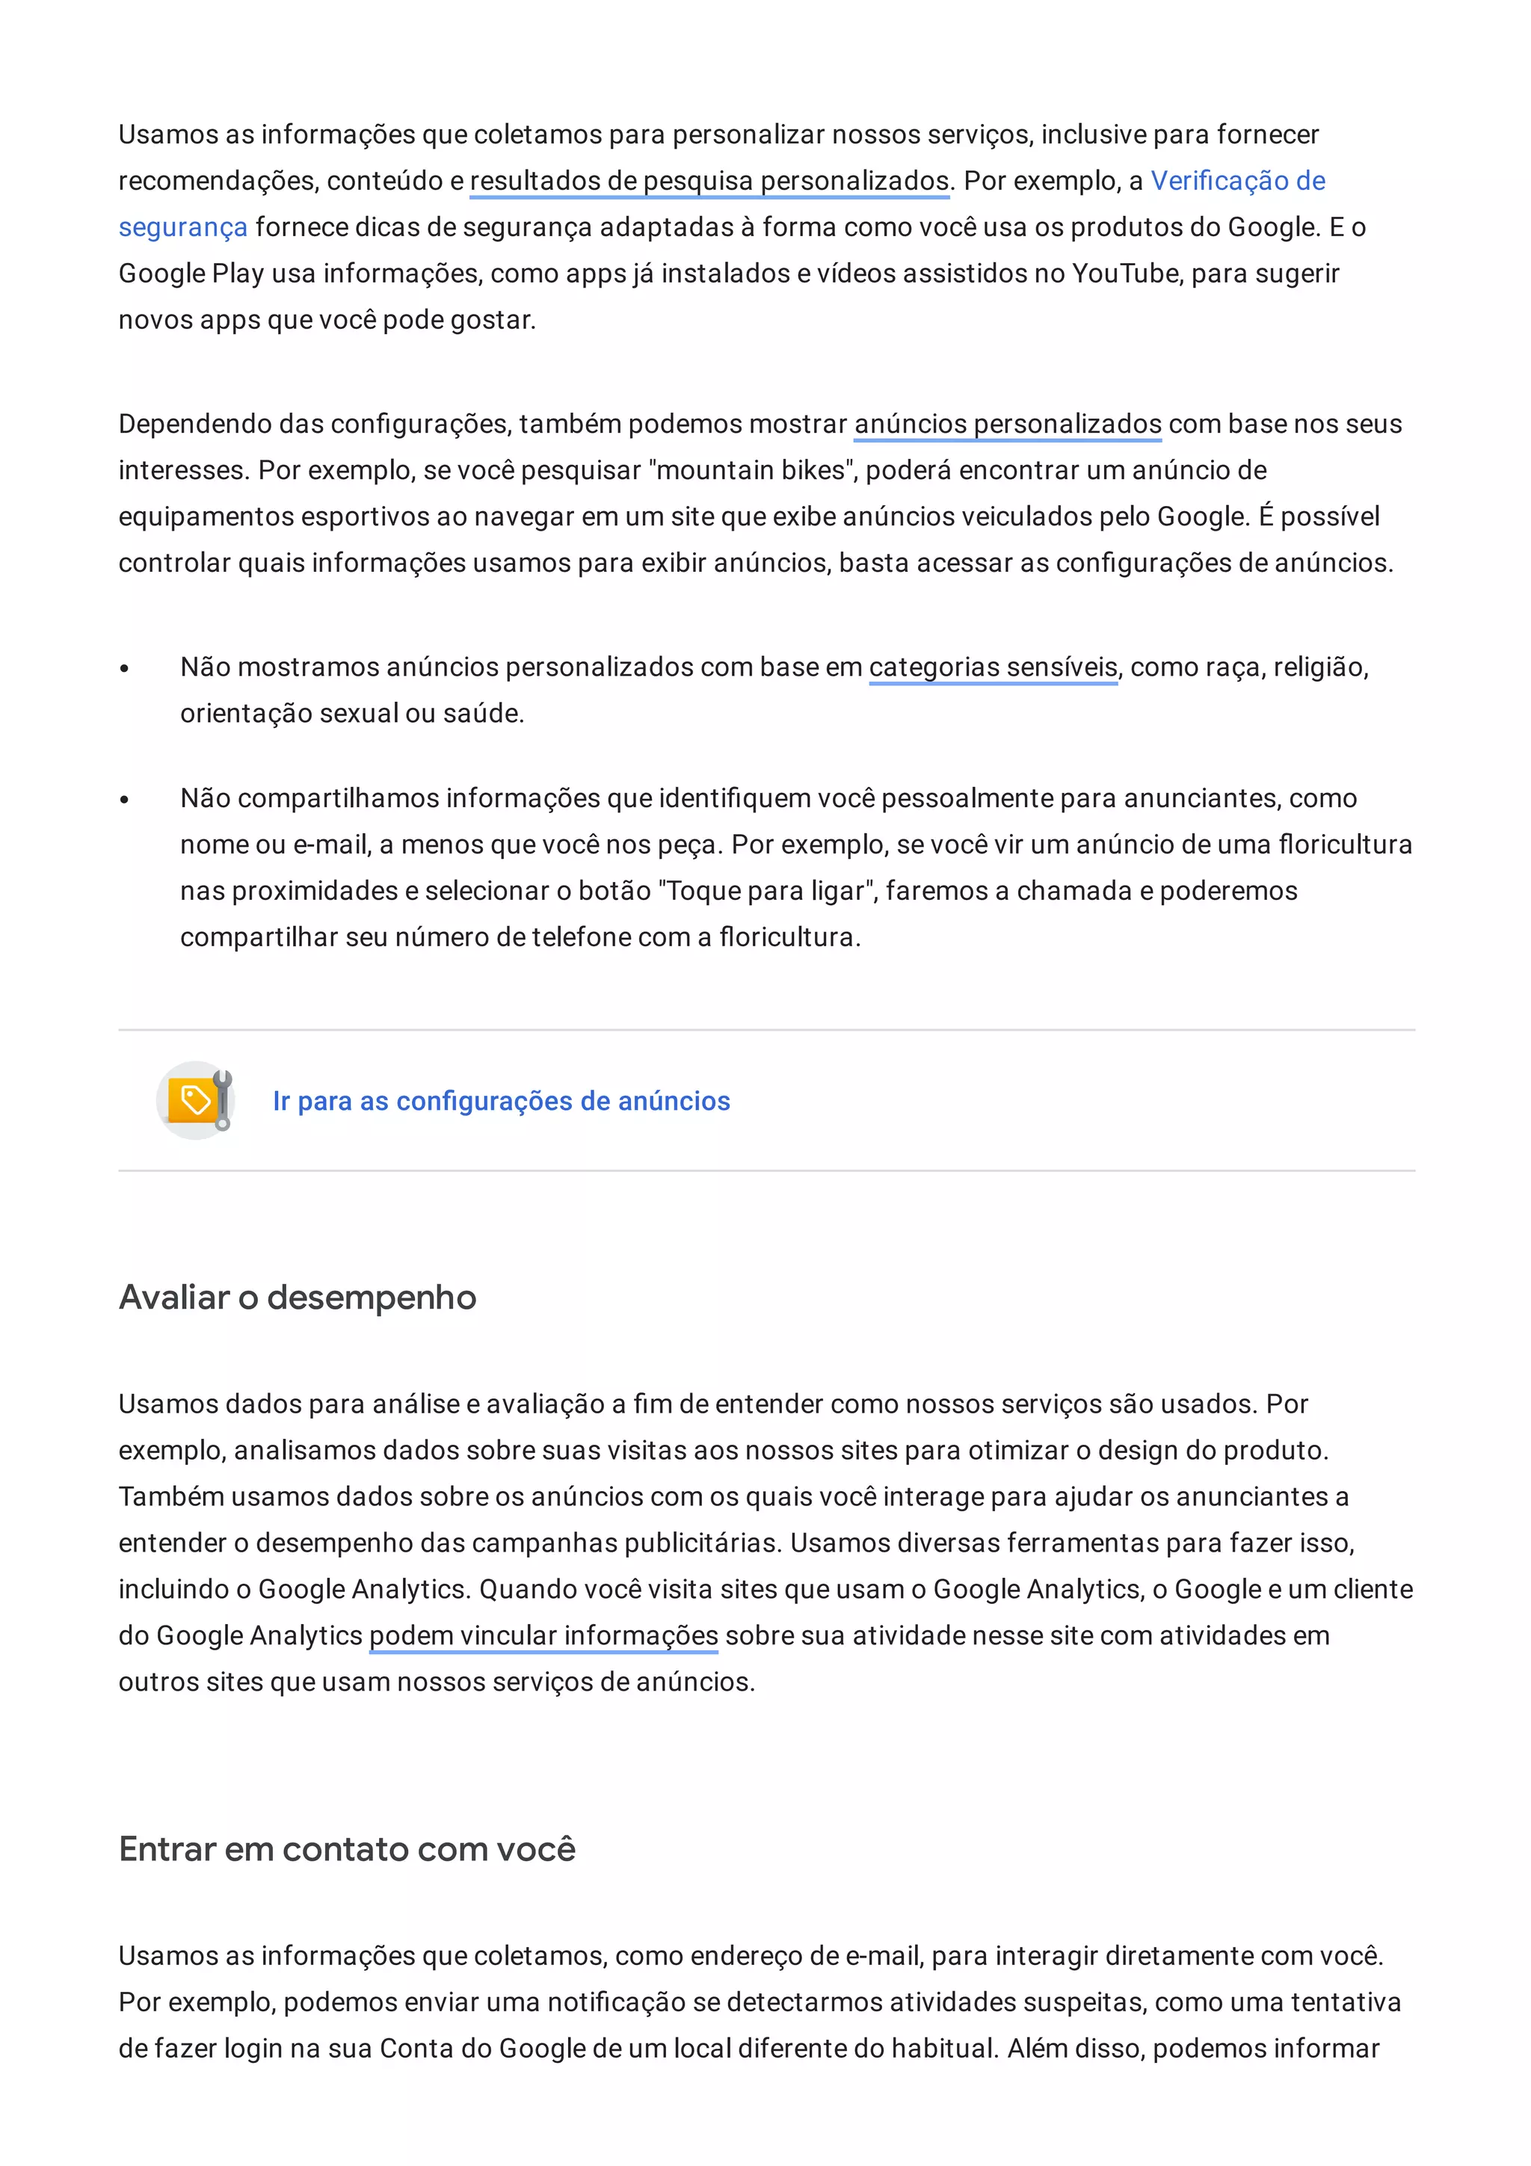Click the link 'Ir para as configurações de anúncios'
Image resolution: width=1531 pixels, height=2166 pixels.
(501, 1101)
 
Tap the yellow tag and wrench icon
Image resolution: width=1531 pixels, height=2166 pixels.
(196, 1100)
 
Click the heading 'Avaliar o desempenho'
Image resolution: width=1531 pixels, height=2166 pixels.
(297, 1298)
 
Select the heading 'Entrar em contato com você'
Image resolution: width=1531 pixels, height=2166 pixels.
(347, 1849)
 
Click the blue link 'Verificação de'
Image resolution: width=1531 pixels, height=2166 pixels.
(1238, 180)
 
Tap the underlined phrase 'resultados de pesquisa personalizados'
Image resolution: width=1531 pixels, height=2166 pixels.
(709, 180)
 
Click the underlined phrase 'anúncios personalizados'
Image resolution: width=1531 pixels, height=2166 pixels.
(1008, 424)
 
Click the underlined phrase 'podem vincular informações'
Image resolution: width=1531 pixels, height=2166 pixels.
(543, 1635)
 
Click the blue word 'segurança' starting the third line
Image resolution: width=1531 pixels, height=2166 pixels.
(183, 227)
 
